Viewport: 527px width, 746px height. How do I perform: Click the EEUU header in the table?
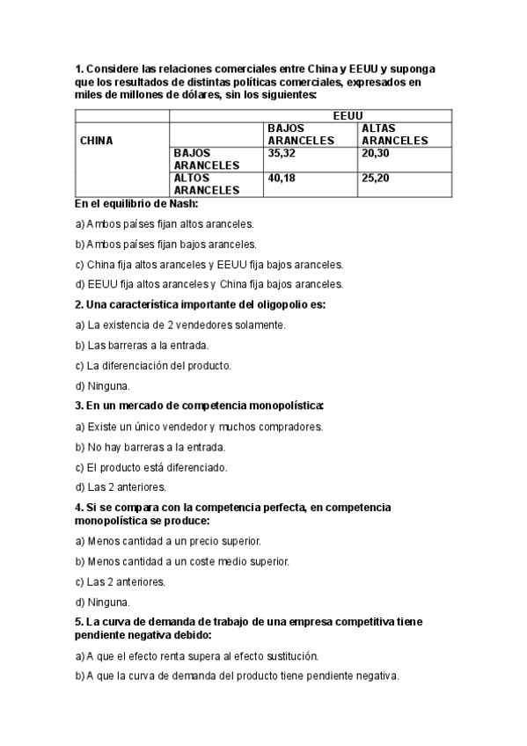[349, 115]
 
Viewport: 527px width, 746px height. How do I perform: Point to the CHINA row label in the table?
[96, 140]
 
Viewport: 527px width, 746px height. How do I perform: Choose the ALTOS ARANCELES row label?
[207, 183]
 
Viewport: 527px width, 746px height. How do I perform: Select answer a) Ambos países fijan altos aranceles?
[165, 223]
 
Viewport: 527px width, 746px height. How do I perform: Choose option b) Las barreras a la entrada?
[142, 345]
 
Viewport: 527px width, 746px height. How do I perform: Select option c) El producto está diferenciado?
[151, 466]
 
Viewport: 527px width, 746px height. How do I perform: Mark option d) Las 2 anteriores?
[121, 486]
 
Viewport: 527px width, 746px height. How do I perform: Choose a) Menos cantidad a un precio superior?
[168, 541]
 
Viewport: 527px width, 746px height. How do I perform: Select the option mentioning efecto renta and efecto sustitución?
[197, 655]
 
